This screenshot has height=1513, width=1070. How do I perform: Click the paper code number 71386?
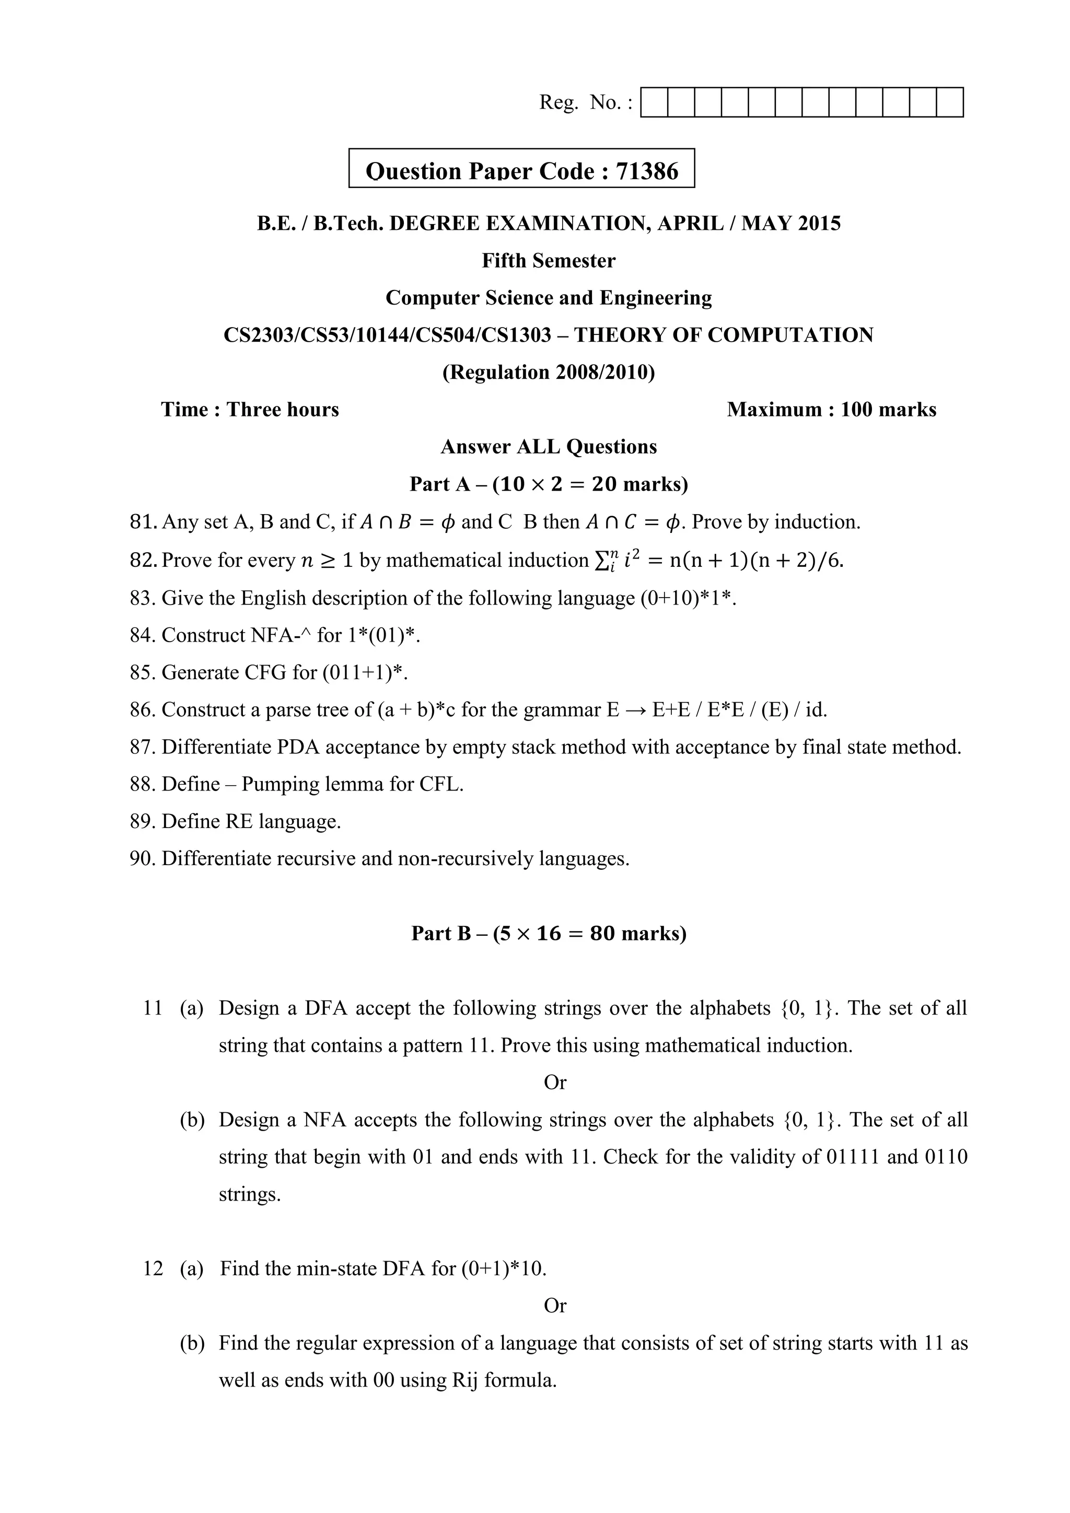pos(646,171)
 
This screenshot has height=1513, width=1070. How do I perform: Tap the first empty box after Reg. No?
pos(654,103)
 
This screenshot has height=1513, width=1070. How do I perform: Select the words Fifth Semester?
pos(548,261)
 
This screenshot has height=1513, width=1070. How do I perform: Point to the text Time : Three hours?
pos(250,410)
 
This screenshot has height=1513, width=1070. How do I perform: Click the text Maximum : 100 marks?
pos(831,410)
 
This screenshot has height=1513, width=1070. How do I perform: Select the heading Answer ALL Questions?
pos(548,447)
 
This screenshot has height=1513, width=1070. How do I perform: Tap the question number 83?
pos(141,598)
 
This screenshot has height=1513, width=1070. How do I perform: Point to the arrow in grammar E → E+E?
pos(631,711)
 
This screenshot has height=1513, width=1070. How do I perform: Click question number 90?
pos(141,859)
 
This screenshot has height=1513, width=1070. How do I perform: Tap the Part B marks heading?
pos(548,934)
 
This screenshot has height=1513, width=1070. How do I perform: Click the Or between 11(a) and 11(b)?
pos(555,1083)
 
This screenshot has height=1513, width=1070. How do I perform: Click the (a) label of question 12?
pos(192,1268)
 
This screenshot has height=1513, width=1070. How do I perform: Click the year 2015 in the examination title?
pos(820,224)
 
